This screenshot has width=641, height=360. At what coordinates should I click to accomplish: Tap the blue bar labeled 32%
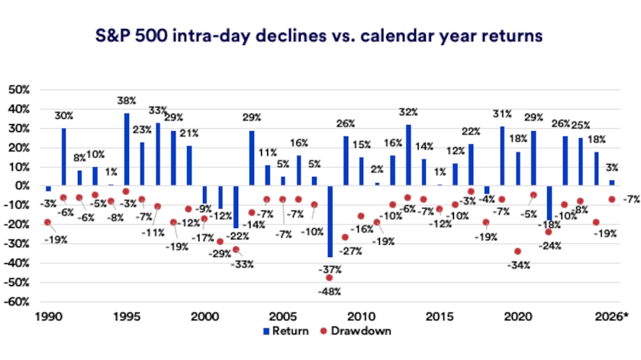408,156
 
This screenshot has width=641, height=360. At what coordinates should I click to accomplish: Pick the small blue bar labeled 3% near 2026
611,183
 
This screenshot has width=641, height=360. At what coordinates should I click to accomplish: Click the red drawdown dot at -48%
330,278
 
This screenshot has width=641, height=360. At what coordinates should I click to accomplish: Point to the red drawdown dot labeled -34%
517,251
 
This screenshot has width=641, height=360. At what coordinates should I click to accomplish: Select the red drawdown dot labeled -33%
236,249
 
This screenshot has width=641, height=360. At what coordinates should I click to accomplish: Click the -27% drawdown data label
351,251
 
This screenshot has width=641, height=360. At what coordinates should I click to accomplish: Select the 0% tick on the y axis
21,186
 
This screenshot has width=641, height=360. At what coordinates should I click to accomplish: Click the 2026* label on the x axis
613,315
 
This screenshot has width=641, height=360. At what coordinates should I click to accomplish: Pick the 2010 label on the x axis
361,315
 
